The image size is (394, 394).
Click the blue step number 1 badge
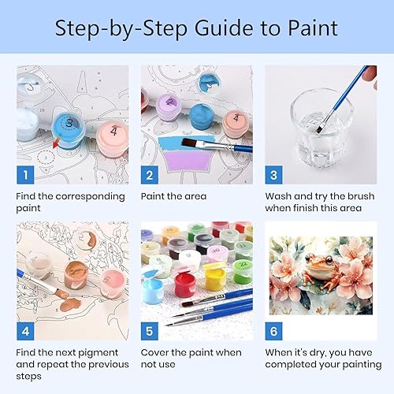(x=25, y=175)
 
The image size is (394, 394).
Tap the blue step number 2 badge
(x=150, y=175)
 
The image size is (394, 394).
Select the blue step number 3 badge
(x=273, y=175)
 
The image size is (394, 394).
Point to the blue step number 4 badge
(x=25, y=331)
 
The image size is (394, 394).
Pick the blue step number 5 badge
(x=150, y=331)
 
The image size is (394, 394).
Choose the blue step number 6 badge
(x=273, y=331)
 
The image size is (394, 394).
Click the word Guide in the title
(x=225, y=28)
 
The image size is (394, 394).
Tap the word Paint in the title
(x=313, y=28)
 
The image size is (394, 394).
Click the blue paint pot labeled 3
(x=69, y=130)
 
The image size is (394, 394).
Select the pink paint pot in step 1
(x=113, y=139)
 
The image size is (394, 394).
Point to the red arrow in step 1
(x=56, y=142)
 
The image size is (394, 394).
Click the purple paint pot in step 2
(x=169, y=107)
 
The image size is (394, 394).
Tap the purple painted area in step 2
(x=188, y=160)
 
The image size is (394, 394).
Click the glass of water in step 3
(x=321, y=128)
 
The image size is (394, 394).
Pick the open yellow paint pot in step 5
(x=215, y=277)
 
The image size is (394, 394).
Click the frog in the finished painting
(x=321, y=270)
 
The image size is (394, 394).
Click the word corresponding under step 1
(x=90, y=197)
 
